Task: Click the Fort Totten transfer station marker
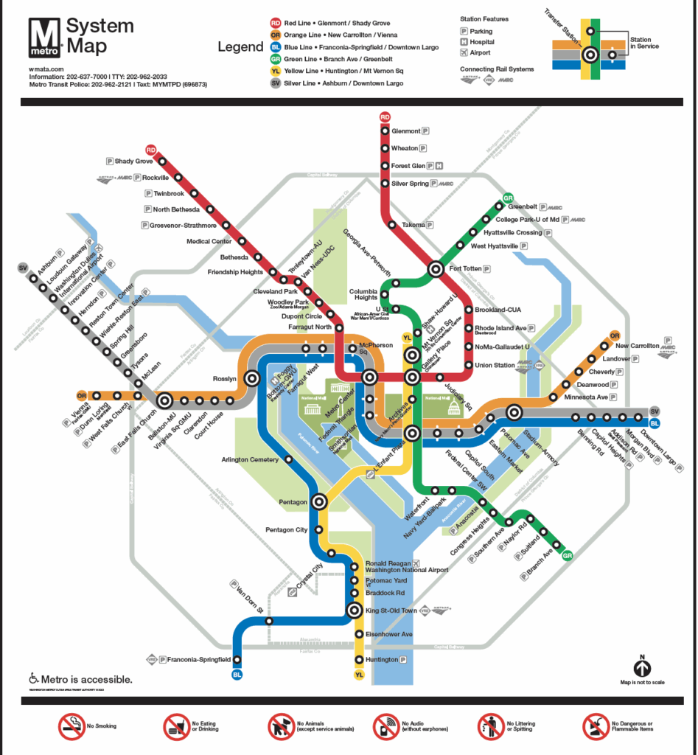pyautogui.click(x=436, y=269)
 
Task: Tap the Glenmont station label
pyautogui.click(x=405, y=131)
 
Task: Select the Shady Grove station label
pyautogui.click(x=133, y=161)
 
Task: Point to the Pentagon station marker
pyautogui.click(x=319, y=501)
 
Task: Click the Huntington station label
pyautogui.click(x=383, y=660)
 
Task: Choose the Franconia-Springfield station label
pyautogui.click(x=197, y=659)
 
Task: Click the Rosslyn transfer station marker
pyautogui.click(x=253, y=379)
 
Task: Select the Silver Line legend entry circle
pyautogui.click(x=274, y=84)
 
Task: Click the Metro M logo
pyautogui.click(x=43, y=37)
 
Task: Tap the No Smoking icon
pyautogui.click(x=71, y=726)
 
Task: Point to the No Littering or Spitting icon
pyautogui.click(x=491, y=726)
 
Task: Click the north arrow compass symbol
pyautogui.click(x=642, y=668)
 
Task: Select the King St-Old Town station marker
pyautogui.click(x=355, y=610)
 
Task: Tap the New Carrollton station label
pyautogui.click(x=637, y=345)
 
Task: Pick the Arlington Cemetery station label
pyautogui.click(x=250, y=460)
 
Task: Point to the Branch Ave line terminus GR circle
pyautogui.click(x=567, y=556)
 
